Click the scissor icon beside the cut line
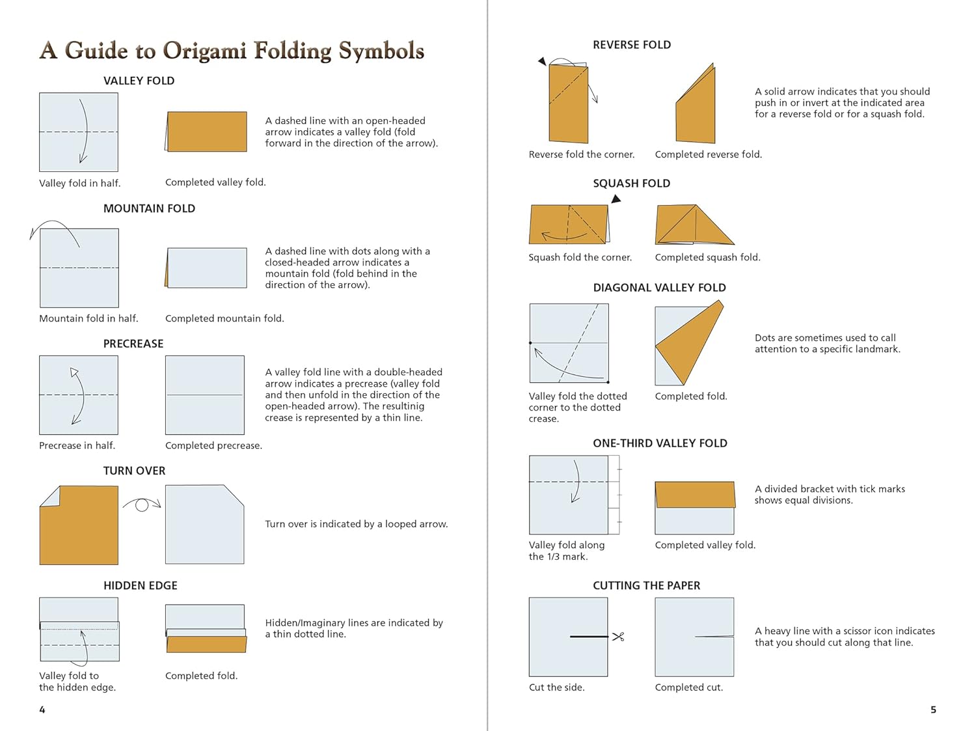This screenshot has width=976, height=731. [x=618, y=637]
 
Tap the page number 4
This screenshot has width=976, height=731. [x=42, y=710]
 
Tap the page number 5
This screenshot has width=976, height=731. [x=933, y=710]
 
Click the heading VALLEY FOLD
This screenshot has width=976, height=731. [x=139, y=81]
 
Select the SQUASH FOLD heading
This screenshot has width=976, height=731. [x=631, y=184]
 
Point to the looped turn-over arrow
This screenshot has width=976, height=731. [x=142, y=504]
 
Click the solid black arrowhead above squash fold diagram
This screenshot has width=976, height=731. [x=616, y=199]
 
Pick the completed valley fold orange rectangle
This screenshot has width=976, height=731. [x=207, y=131]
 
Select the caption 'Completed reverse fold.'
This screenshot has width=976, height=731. [x=708, y=154]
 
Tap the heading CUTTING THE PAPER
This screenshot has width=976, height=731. [x=646, y=586]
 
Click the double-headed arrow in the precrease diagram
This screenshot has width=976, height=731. [x=79, y=396]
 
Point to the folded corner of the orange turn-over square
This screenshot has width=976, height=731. [x=51, y=497]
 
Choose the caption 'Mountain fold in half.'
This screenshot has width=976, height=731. [x=88, y=318]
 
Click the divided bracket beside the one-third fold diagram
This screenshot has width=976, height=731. [x=614, y=495]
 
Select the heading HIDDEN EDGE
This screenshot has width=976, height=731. [x=140, y=586]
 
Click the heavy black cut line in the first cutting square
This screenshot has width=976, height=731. [x=589, y=637]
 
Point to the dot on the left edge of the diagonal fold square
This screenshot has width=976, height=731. [x=530, y=342]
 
